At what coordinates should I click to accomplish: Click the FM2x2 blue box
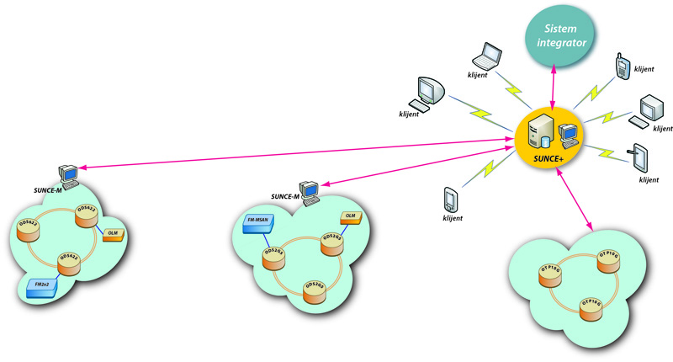point(41,287)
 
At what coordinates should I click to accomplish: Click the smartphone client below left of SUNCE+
point(450,200)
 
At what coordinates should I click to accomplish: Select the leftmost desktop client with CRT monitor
point(427,92)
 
